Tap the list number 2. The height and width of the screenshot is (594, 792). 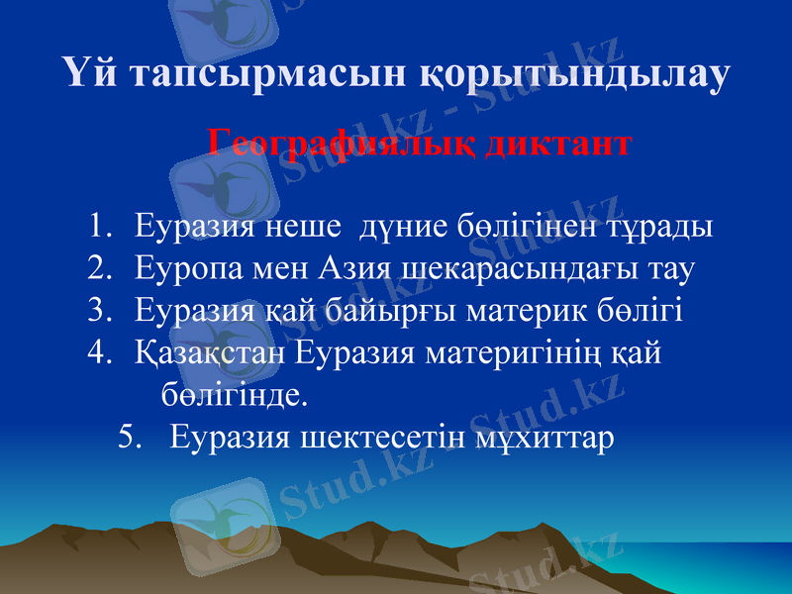(x=96, y=268)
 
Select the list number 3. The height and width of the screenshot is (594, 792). (x=96, y=311)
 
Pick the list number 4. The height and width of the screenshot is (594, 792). (x=96, y=353)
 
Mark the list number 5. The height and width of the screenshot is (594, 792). (x=127, y=436)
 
